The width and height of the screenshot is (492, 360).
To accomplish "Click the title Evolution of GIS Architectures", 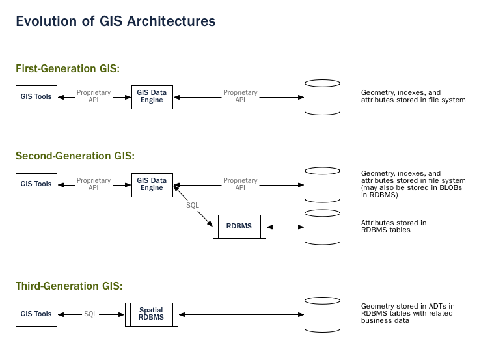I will pyautogui.click(x=115, y=21).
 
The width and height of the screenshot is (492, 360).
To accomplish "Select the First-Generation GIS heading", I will pyautogui.click(x=68, y=68).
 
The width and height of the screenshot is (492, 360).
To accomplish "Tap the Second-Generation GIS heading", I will pyautogui.click(x=75, y=156).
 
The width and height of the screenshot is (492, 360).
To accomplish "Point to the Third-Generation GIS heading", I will pyautogui.click(x=69, y=285).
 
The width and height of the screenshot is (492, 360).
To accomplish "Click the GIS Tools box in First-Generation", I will pyautogui.click(x=36, y=97).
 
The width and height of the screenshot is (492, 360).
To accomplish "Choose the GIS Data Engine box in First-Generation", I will pyautogui.click(x=152, y=97).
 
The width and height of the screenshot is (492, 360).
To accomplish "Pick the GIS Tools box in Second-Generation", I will pyautogui.click(x=36, y=184).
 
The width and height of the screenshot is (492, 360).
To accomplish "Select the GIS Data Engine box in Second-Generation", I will pyautogui.click(x=152, y=184).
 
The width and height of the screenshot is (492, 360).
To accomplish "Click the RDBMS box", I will pyautogui.click(x=239, y=227).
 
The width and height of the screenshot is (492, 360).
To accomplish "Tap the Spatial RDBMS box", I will pyautogui.click(x=152, y=314).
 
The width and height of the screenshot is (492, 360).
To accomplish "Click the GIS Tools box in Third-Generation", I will pyautogui.click(x=36, y=314).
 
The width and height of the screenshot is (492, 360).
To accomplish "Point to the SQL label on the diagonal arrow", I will pyautogui.click(x=193, y=206).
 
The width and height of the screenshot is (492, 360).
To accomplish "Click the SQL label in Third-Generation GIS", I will pyautogui.click(x=90, y=314).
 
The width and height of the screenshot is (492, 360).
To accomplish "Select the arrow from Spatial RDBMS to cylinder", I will pyautogui.click(x=241, y=314).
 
